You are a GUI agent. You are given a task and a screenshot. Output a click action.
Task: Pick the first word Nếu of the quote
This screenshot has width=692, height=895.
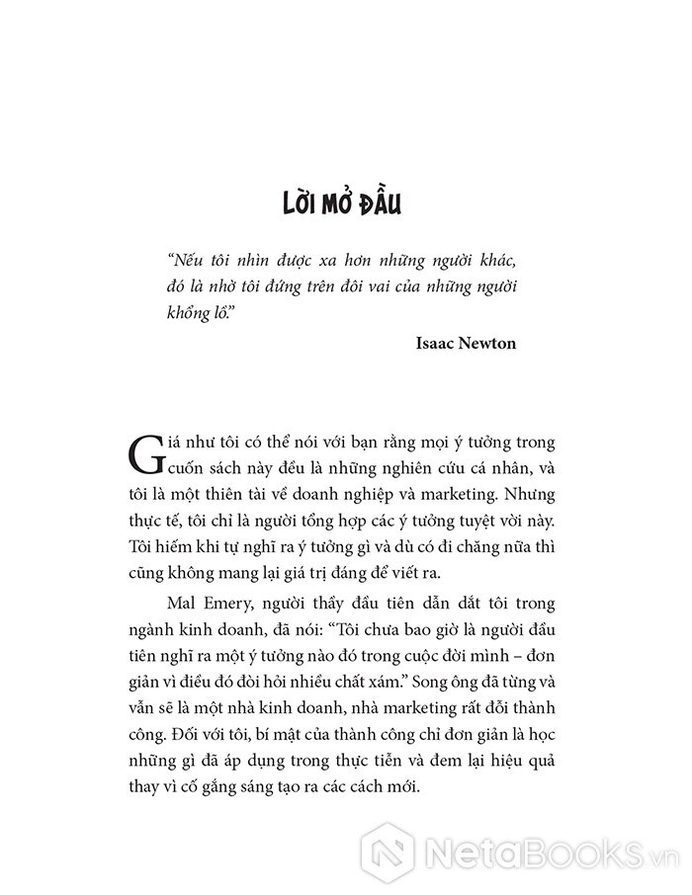click(185, 259)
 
